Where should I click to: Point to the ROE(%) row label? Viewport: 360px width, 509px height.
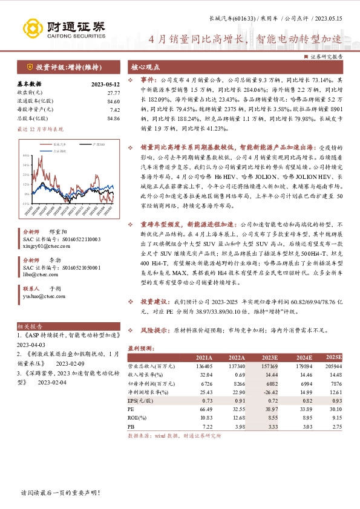pyautogui.click(x=139, y=417)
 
